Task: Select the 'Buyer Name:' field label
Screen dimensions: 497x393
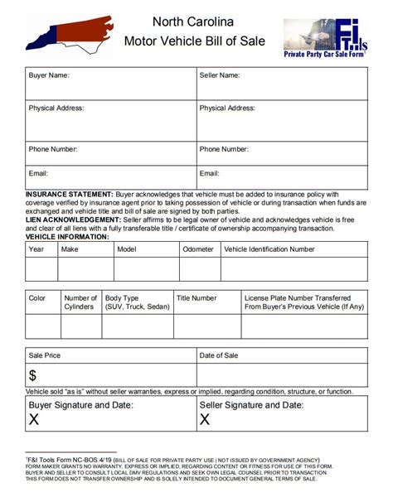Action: click(x=49, y=75)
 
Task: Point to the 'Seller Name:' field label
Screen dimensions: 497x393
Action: click(x=220, y=75)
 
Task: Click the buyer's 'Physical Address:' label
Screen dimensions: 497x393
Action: click(x=56, y=108)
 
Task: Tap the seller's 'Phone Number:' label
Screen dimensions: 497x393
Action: click(x=224, y=149)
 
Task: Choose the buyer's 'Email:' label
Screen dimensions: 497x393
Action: click(x=39, y=174)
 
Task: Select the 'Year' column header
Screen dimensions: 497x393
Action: click(x=36, y=248)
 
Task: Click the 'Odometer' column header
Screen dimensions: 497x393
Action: click(x=198, y=248)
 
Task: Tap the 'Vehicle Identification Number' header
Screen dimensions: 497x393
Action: click(x=269, y=248)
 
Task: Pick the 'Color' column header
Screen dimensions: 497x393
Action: click(x=37, y=298)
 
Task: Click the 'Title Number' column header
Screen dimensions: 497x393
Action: click(x=196, y=298)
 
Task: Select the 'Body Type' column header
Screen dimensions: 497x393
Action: click(x=122, y=298)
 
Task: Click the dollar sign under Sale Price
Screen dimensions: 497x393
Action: click(x=33, y=376)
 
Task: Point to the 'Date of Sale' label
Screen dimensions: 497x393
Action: click(x=219, y=355)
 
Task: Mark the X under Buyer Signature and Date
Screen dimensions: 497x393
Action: click(x=34, y=420)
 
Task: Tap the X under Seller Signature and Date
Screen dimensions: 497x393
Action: click(x=205, y=420)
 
